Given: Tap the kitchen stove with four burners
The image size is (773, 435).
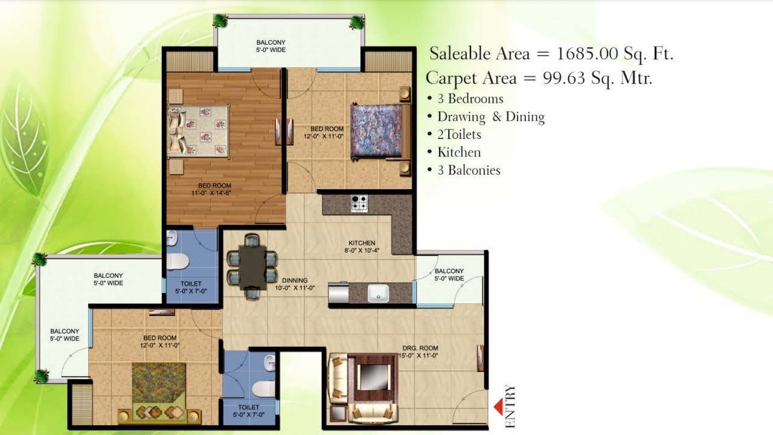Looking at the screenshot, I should pos(359,204).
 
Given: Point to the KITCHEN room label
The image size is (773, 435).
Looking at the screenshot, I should pos(362,243).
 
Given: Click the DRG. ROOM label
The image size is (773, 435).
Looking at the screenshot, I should pos(420,348).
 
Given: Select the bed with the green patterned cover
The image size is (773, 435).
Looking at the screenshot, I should pos(159,387).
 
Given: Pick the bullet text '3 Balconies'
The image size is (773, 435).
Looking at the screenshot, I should pos(469,170).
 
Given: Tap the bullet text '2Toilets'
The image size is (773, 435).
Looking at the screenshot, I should pos(459,135).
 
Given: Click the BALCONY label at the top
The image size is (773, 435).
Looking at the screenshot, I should pos(271,42).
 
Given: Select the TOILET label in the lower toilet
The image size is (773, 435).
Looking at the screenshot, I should pos(248,408).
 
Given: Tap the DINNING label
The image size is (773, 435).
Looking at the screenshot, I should pos(295,280).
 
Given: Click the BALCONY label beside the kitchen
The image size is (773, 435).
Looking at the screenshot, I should pos(449,271).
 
